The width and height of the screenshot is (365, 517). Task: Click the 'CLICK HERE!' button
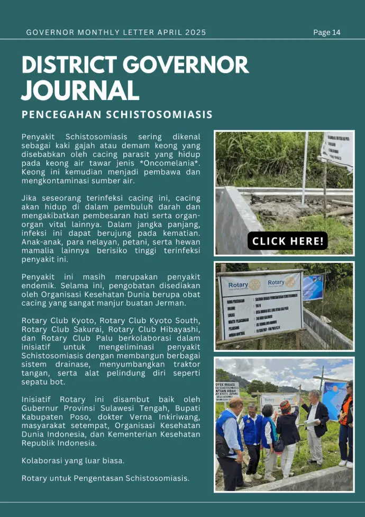pos(287,241)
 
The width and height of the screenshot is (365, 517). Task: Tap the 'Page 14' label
pos(327,32)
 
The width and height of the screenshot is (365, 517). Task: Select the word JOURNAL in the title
pos(80,90)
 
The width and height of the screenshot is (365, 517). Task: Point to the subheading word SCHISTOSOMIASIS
pos(159,114)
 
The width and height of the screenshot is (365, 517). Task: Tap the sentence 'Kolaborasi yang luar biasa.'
pos(73,460)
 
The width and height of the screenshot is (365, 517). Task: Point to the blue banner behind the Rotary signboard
pos(312,287)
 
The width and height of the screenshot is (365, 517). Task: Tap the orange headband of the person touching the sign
pos(286,404)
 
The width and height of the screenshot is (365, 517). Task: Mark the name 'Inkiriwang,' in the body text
pos(172,416)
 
